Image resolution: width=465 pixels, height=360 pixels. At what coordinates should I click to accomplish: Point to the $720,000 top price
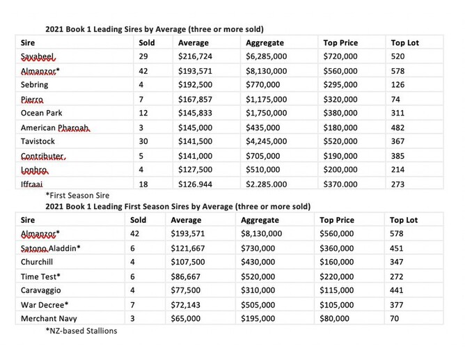click(x=340, y=57)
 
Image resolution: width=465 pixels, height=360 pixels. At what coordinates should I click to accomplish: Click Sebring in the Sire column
click(x=34, y=86)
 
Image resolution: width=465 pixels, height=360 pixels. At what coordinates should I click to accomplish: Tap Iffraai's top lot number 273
click(x=399, y=184)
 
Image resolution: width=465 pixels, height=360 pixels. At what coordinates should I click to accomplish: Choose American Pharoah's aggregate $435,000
click(x=265, y=128)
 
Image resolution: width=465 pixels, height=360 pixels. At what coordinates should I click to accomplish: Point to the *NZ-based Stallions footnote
click(x=81, y=331)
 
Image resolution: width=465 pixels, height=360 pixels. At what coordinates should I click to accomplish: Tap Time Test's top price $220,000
click(x=339, y=276)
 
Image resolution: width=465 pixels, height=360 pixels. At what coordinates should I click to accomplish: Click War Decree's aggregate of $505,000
click(x=263, y=304)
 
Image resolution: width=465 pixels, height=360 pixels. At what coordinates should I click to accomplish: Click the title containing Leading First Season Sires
click(x=178, y=207)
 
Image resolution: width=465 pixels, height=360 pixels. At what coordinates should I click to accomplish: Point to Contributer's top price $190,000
click(x=340, y=156)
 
